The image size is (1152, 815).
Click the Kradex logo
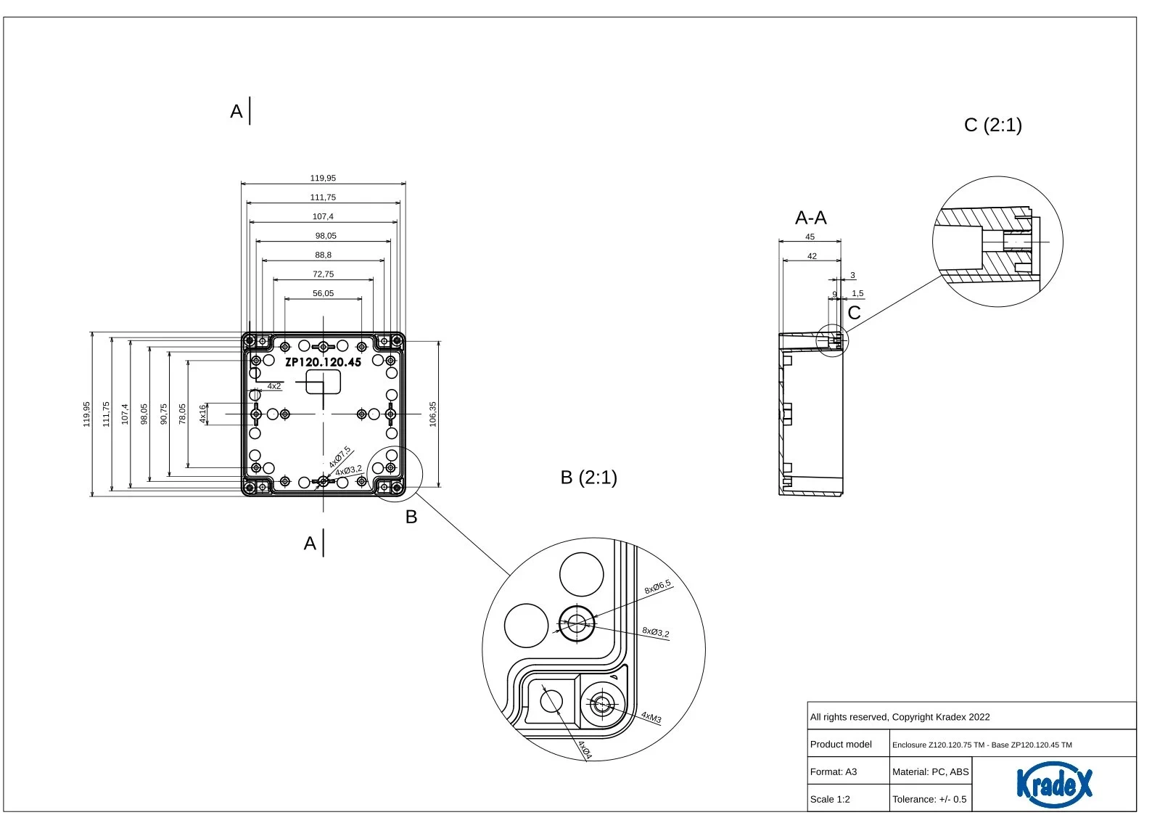1053,784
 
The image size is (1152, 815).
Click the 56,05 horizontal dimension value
323,293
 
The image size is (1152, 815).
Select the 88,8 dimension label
323,255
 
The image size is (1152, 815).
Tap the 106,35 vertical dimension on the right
433,414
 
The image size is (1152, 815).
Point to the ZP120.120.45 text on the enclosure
323,362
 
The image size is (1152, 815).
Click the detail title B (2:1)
588,478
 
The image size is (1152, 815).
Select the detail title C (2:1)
992,125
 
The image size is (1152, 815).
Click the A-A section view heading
810,218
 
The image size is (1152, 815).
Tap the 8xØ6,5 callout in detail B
658,587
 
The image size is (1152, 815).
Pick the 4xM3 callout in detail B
651,718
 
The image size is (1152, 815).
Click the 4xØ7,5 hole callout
340,457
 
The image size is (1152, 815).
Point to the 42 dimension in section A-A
812,256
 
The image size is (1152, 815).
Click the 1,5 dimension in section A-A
857,294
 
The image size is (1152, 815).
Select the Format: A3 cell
833,771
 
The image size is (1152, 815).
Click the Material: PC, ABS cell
930,771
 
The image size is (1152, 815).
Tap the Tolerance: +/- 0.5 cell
929,799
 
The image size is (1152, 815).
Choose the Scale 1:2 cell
830,799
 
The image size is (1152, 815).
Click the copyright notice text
900,717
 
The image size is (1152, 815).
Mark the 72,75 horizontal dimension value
323,274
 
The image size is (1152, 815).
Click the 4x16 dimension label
203,414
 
